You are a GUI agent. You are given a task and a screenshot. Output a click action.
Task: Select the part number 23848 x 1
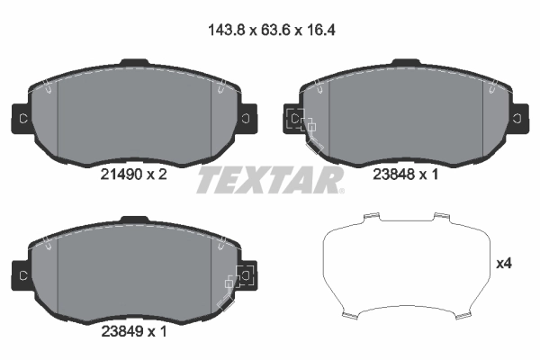(x=404, y=176)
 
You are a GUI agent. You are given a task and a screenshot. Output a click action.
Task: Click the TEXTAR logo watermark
(x=270, y=179)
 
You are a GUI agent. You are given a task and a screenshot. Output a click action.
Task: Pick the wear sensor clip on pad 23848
(x=301, y=121)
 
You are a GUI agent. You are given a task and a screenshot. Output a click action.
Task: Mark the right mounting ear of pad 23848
(x=518, y=116)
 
